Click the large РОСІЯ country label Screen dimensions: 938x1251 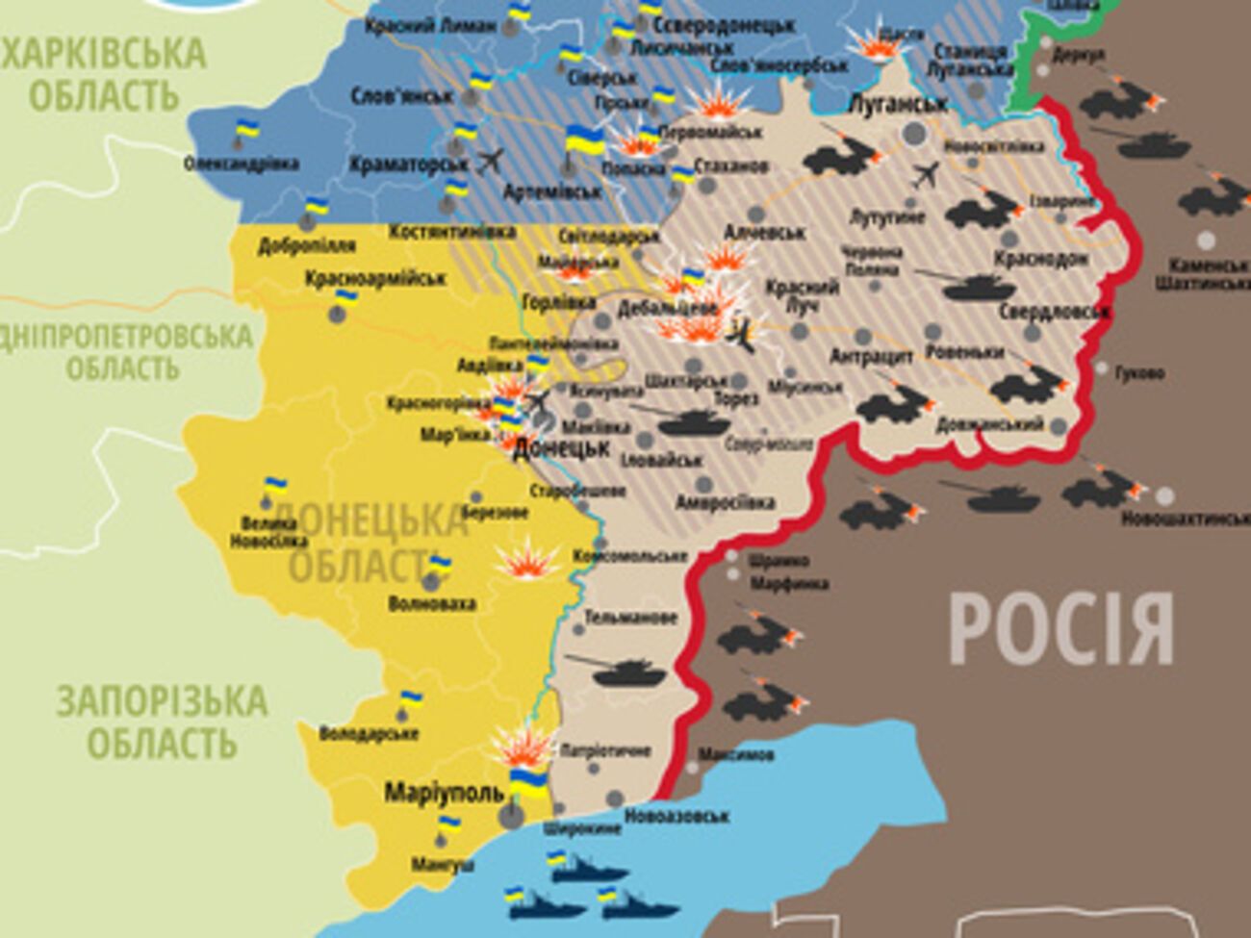coord(1060,629)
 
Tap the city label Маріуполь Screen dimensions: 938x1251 coord(444,793)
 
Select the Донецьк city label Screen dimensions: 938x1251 coord(562,448)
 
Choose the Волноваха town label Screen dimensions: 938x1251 coord(431,604)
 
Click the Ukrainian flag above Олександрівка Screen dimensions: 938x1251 coord(247,129)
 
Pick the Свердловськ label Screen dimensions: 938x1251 coord(1054,312)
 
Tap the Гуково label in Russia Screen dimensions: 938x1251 coord(1141,372)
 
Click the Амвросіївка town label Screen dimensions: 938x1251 coord(725,502)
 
